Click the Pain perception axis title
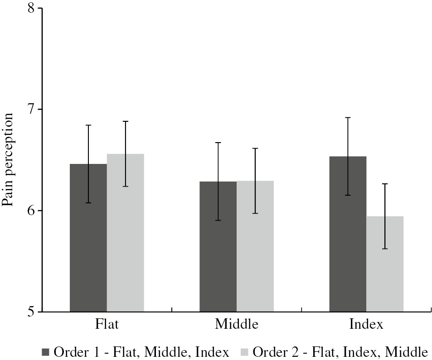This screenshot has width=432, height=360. [8, 160]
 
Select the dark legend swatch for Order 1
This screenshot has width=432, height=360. [45, 352]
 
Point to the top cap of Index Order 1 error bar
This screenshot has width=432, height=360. [348, 118]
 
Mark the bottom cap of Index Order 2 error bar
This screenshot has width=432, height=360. [385, 249]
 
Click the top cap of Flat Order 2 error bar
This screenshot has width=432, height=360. [125, 121]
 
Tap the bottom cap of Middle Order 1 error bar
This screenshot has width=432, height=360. [218, 220]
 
